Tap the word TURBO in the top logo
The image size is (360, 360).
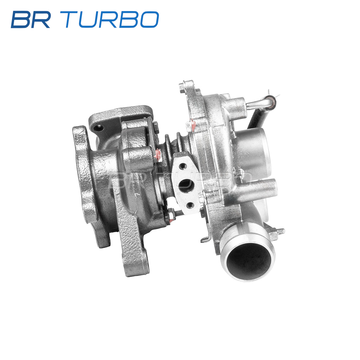[x=109, y=19]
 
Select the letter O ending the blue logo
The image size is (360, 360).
[x=149, y=19]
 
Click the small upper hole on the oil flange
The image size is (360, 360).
[x=182, y=166]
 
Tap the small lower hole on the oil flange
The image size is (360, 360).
[x=190, y=205]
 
